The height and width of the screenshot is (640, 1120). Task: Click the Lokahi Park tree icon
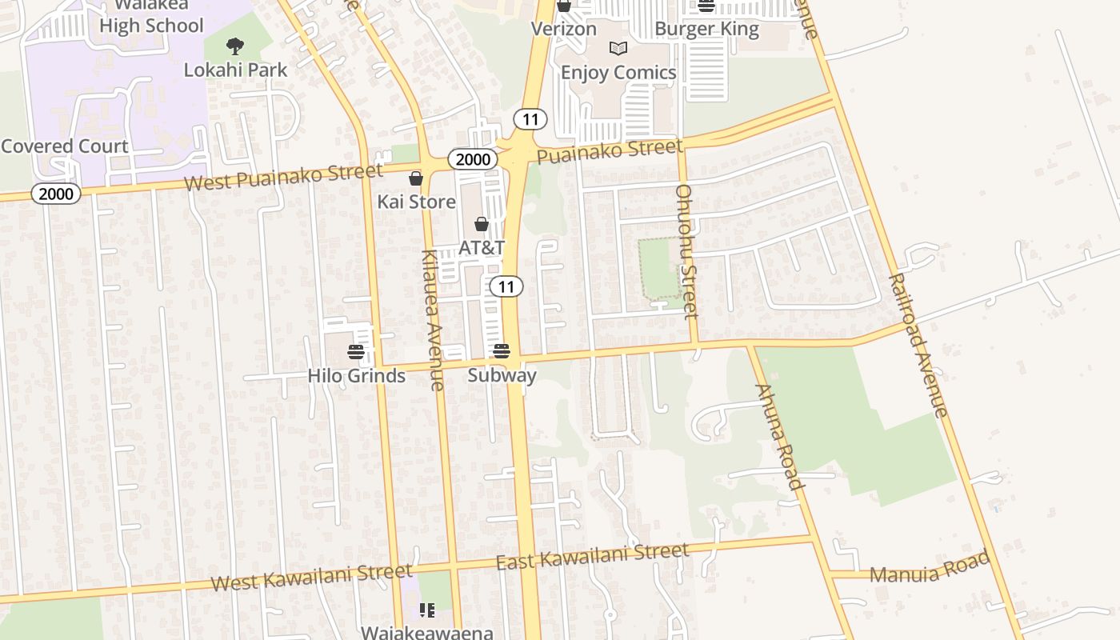[x=234, y=46]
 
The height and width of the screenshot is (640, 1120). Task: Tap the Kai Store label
[x=416, y=202]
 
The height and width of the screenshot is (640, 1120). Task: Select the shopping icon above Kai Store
[x=416, y=178]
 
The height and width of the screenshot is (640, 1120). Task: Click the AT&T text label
[x=482, y=248]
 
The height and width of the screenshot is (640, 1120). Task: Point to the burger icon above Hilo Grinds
[x=356, y=352]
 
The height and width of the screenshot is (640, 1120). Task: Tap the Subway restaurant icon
[x=502, y=350]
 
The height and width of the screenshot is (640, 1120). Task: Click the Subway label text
[x=502, y=374]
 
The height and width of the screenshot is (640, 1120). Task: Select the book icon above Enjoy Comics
[x=618, y=49]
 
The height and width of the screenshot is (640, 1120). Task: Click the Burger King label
[x=706, y=30]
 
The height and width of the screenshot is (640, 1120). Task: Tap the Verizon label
[x=564, y=30]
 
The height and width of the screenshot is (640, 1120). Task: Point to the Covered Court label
[x=65, y=146]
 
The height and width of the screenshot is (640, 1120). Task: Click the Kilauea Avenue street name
[x=431, y=320]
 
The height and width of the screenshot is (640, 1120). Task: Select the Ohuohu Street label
[x=687, y=251]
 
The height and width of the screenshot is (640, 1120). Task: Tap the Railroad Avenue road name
[x=918, y=345]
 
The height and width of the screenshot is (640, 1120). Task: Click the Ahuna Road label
[x=778, y=436]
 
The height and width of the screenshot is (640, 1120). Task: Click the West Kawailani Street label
[x=311, y=577]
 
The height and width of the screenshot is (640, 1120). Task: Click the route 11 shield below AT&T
[x=506, y=286]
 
